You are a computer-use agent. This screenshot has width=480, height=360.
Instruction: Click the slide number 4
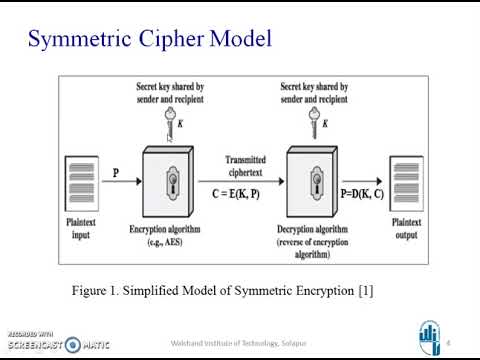point(447,342)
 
